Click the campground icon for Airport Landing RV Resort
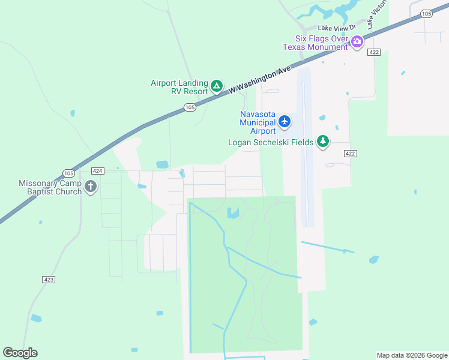click(x=217, y=87)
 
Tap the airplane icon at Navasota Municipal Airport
click(x=285, y=122)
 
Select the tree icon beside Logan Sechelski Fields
click(x=324, y=142)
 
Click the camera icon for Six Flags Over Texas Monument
click(x=357, y=42)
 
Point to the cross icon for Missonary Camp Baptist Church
click(x=91, y=187)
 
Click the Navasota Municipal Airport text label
click(x=258, y=122)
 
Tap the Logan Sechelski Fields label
click(x=271, y=142)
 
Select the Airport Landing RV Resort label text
click(x=179, y=88)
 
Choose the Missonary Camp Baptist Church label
click(x=50, y=187)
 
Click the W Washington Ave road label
click(x=259, y=80)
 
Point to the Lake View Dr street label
click(x=337, y=27)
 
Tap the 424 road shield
click(x=98, y=171)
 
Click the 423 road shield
click(x=49, y=280)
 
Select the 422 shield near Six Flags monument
click(x=375, y=53)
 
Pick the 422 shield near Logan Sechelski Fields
click(x=351, y=154)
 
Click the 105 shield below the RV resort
click(x=190, y=107)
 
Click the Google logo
click(x=20, y=353)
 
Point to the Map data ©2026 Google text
click(x=412, y=355)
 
